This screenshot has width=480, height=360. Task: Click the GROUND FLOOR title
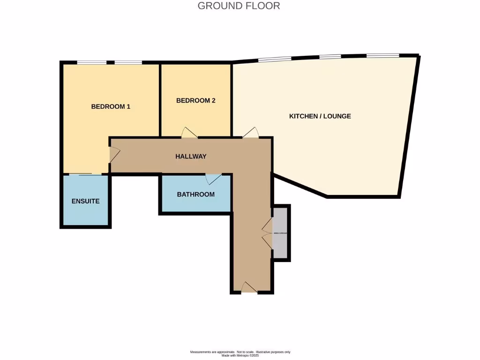(239, 6)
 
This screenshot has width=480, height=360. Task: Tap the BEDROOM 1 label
(111, 106)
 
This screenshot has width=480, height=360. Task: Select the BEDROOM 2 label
(196, 100)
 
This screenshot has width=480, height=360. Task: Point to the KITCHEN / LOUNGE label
(320, 116)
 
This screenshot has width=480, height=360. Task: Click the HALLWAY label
(191, 156)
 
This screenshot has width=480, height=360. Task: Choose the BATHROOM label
(196, 194)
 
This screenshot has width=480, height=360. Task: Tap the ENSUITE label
(85, 201)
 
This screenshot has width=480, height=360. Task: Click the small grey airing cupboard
(281, 232)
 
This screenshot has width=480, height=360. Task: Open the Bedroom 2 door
(189, 133)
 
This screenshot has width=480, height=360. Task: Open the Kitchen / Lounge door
(250, 133)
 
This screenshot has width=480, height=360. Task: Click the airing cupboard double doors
(268, 233)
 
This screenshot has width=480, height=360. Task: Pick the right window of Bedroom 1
(128, 62)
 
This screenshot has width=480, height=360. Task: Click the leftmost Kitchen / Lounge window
(274, 59)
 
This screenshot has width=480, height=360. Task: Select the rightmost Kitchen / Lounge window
(382, 55)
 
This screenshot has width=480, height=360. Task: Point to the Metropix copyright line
(240, 355)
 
